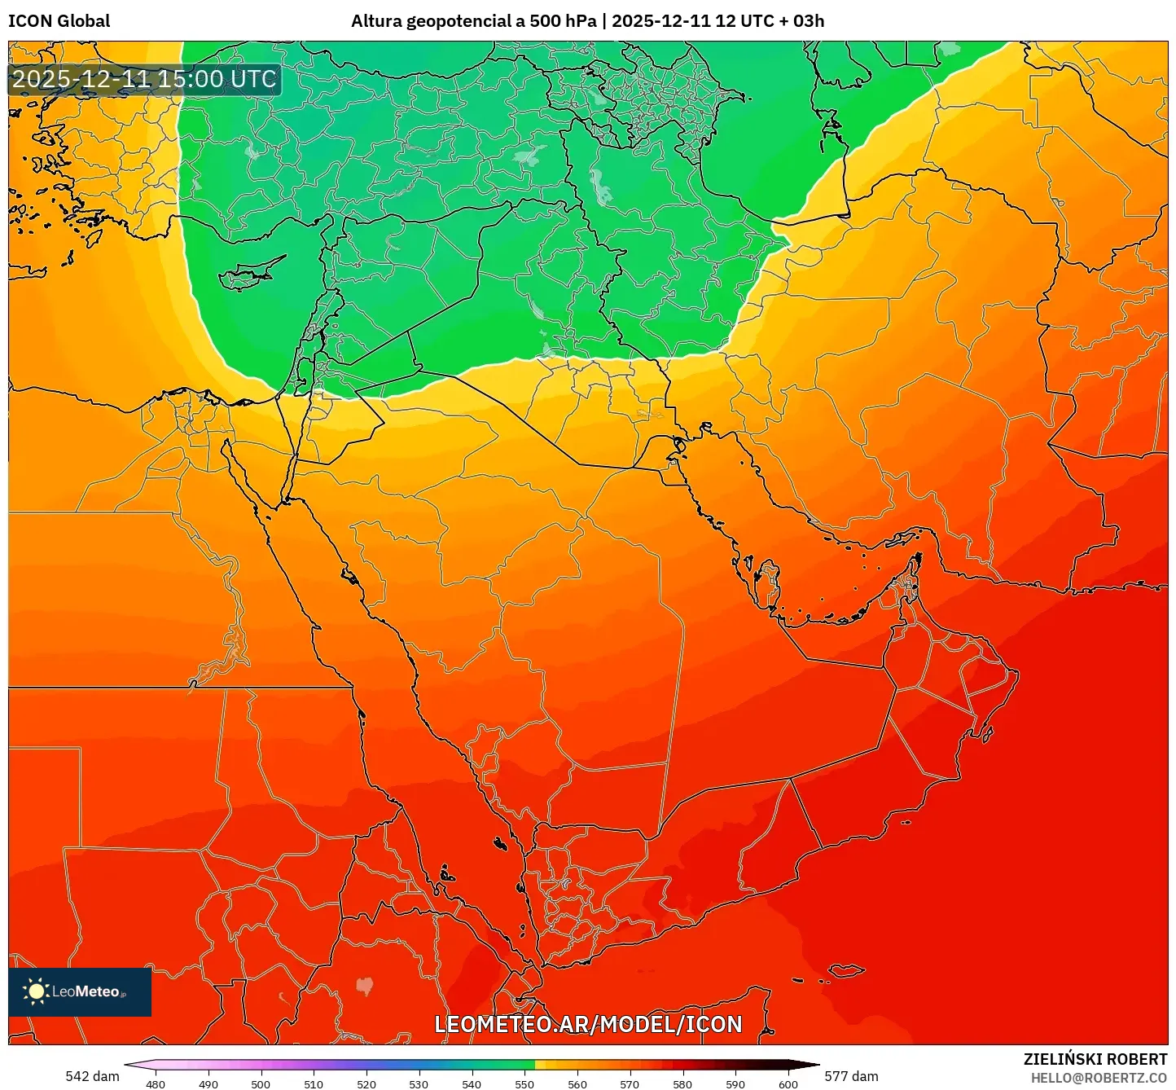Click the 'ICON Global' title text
59,21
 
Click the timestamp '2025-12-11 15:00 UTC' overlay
144,79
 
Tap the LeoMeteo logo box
80,991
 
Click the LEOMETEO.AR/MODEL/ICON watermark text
588,1024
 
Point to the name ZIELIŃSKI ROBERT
1095,1059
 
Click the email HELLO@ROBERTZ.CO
1099,1078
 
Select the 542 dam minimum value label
92,1076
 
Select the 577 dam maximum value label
851,1076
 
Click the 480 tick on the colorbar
156,1083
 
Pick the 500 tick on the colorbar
261,1083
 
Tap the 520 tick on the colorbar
366,1083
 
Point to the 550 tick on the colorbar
524,1083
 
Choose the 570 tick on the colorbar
630,1083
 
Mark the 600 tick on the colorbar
788,1083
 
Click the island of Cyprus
248,275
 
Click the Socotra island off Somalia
847,970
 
